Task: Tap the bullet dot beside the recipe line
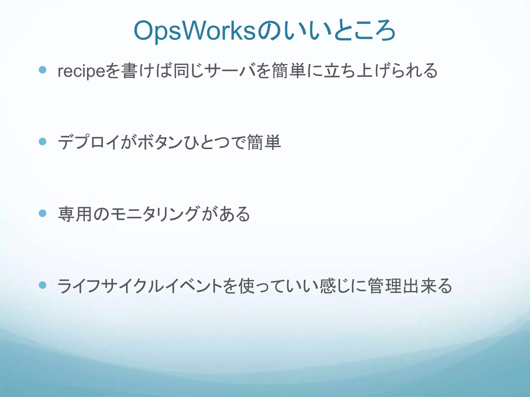tap(42, 70)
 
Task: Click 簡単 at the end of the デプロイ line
tap(264, 142)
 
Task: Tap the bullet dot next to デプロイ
tap(42, 141)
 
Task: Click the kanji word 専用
tap(75, 214)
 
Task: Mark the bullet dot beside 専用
tap(42, 213)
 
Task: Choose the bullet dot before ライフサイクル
tap(42, 285)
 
